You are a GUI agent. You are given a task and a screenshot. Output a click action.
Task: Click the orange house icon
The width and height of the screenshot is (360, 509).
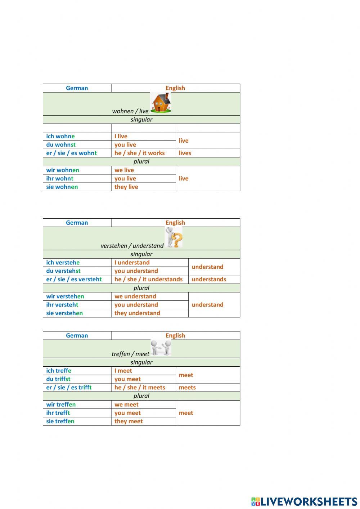point(161,103)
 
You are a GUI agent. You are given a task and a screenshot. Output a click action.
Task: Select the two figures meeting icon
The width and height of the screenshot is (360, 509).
point(161,348)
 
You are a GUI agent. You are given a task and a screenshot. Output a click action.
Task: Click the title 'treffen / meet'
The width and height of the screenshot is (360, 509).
point(130,354)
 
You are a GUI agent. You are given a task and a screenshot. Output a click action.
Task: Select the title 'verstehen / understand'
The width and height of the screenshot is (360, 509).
point(132,246)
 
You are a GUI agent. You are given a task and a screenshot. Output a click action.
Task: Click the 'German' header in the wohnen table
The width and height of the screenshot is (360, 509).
point(77,88)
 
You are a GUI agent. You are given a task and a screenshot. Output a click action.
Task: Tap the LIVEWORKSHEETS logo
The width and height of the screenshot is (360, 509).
point(304,501)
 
